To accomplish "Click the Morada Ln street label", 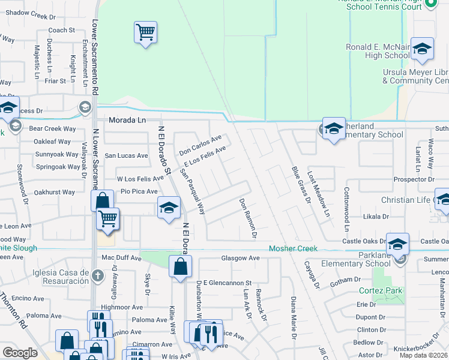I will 127,121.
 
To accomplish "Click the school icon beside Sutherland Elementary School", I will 334,129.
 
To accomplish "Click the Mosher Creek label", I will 292,248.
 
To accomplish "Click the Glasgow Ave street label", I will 240,259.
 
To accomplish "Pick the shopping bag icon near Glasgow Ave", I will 180,267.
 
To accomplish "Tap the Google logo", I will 20,353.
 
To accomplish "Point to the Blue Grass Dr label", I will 300,184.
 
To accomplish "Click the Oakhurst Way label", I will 55,193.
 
